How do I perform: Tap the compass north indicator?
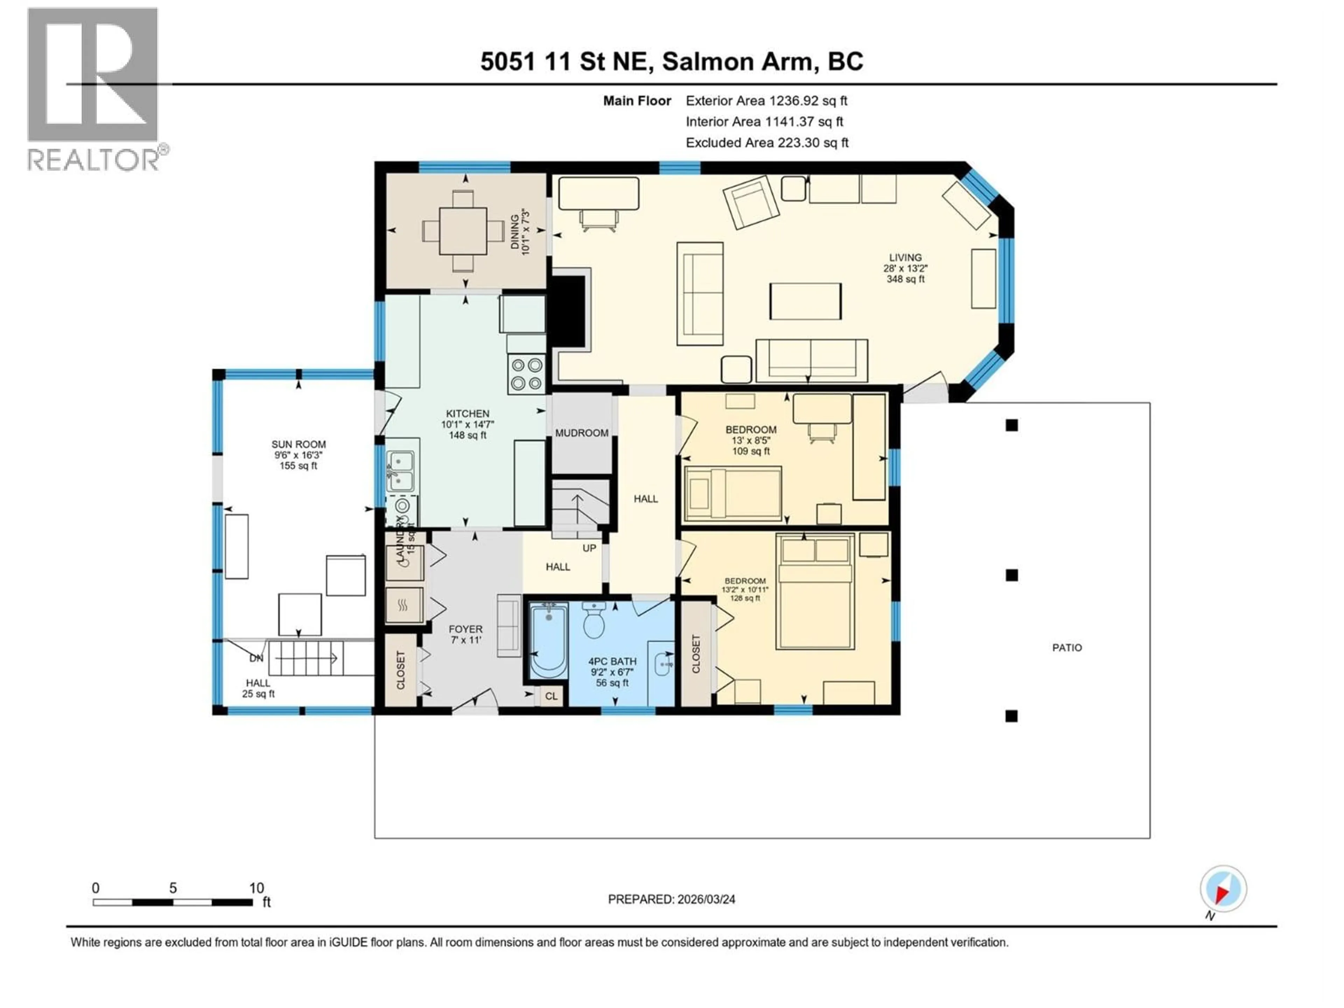coord(1223,889)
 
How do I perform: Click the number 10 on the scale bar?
coord(257,888)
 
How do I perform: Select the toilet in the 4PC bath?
coord(594,620)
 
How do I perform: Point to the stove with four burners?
coord(526,374)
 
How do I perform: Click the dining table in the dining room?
coord(463,231)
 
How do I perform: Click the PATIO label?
coord(1067,648)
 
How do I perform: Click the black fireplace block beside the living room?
coord(567,311)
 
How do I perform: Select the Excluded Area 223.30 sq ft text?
coord(767,143)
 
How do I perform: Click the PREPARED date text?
coord(671,899)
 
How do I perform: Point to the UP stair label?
coord(589,548)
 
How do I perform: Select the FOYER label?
coord(465,629)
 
